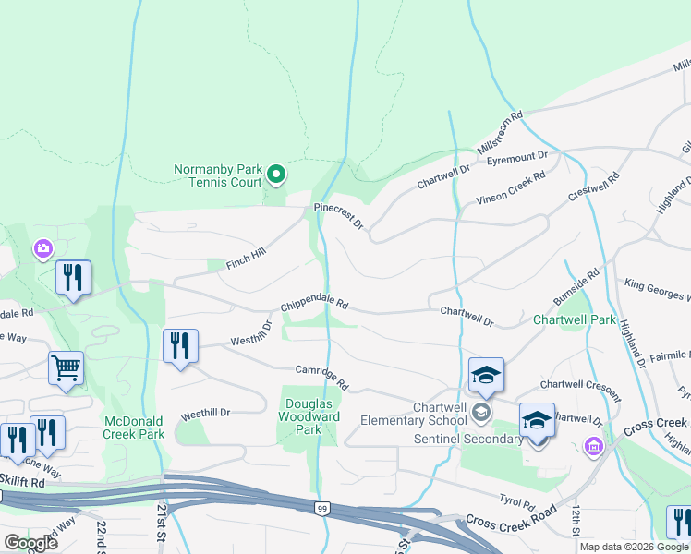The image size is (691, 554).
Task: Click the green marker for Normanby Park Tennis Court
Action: click(275, 174)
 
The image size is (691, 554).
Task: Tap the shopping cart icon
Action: click(66, 368)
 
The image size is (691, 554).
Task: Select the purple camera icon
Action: click(42, 248)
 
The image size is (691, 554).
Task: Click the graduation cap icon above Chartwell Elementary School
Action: click(486, 375)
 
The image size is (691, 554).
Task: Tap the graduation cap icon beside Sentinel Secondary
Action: click(537, 421)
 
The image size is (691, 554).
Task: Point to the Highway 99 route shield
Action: click(321, 509)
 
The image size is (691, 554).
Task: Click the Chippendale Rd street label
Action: click(314, 304)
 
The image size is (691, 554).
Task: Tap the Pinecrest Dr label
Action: click(339, 217)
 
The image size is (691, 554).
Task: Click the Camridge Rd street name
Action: click(321, 376)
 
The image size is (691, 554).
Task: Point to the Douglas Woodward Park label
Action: click(312, 416)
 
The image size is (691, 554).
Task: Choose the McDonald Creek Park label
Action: click(134, 428)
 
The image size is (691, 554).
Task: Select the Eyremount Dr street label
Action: click(517, 158)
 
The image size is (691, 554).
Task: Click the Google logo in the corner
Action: click(30, 543)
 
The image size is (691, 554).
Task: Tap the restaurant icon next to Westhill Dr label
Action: click(180, 346)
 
